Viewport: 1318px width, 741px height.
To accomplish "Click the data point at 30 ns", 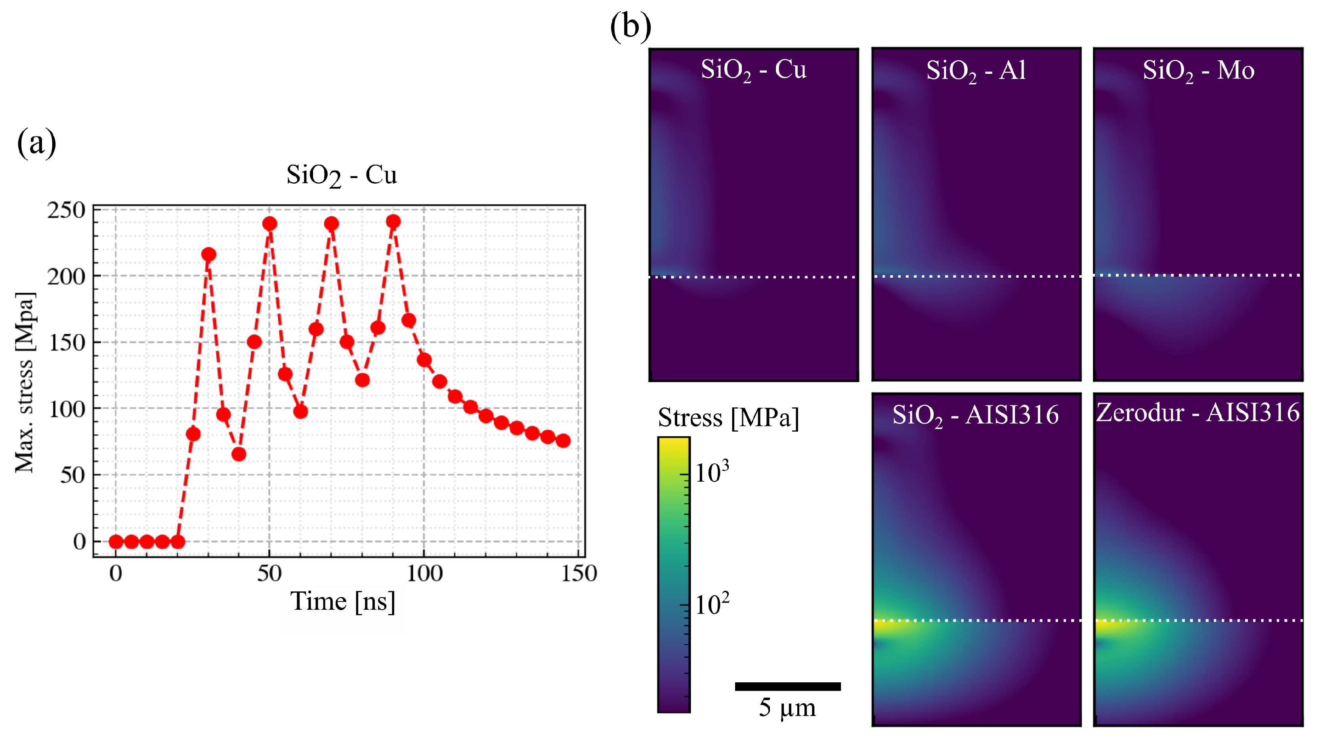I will pos(208,255).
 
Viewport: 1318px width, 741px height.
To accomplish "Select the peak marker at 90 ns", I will pos(393,222).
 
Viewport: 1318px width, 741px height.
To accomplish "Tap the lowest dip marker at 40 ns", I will pos(239,454).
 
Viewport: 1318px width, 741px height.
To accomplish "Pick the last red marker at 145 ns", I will pos(563,440).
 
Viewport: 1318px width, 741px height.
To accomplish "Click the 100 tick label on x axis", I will pos(424,573).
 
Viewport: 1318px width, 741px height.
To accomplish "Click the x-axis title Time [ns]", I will pos(342,601).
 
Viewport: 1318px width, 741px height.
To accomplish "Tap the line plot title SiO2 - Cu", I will pos(341,176).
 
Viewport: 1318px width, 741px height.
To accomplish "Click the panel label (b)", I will pos(630,26).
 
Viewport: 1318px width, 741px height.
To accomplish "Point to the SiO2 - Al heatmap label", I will pos(976,71).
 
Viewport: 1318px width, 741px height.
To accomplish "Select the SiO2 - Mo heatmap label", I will pos(1198,71).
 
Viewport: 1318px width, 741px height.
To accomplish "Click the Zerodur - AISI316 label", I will pos(1197,413).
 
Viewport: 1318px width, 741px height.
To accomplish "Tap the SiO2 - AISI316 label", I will pos(975,415).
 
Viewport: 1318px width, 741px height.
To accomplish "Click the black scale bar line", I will pos(787,686).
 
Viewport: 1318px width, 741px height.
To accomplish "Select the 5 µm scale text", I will pos(787,708).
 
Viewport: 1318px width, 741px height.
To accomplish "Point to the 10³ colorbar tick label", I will pos(712,473).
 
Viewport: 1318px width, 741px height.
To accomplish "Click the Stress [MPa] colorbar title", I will pos(728,418).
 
